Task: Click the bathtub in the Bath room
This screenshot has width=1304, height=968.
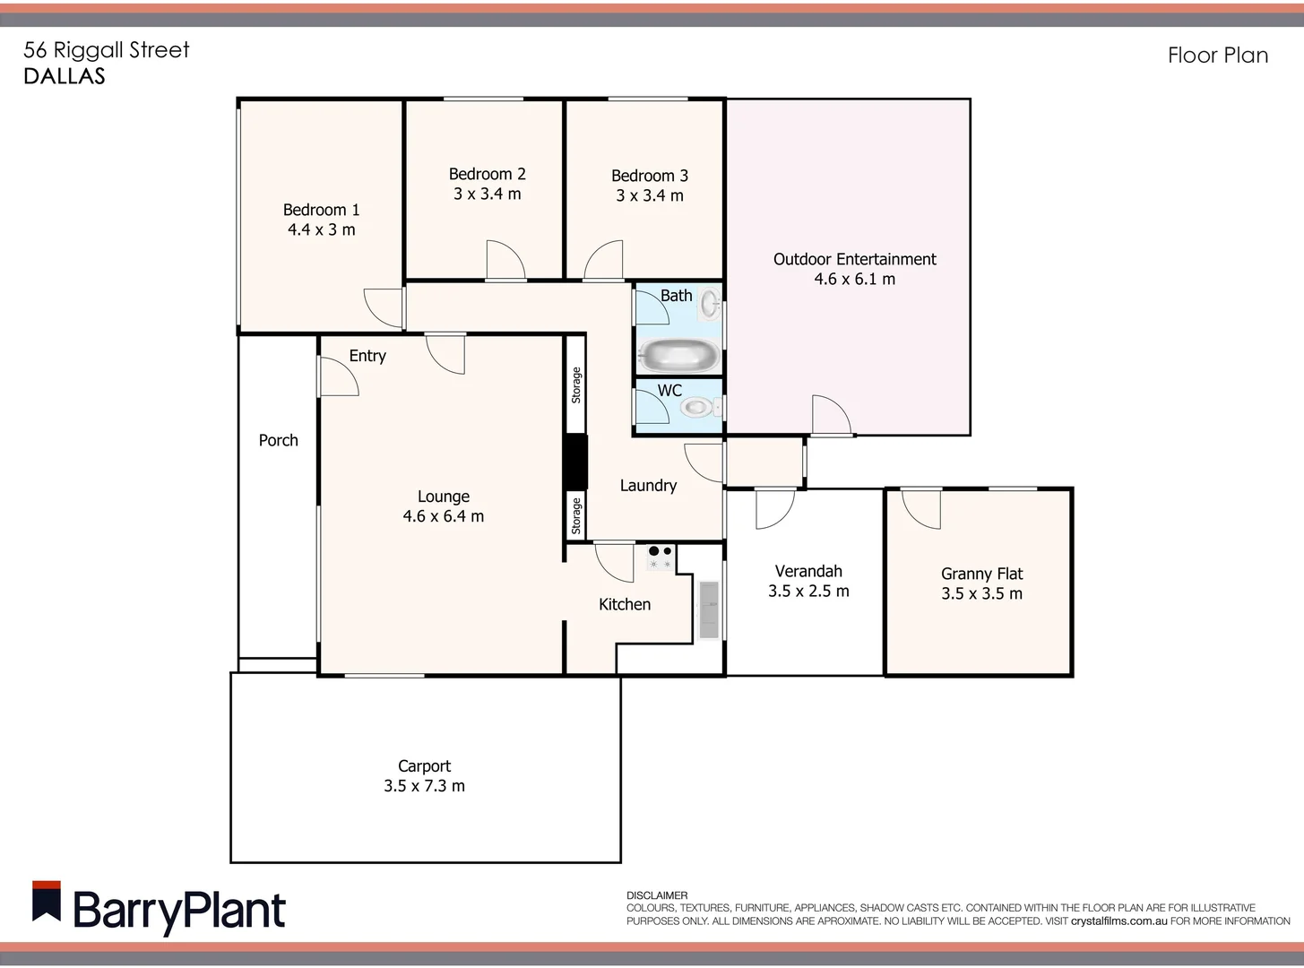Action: (x=679, y=355)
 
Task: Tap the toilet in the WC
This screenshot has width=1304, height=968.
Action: (x=697, y=408)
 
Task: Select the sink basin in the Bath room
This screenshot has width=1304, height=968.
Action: (x=710, y=303)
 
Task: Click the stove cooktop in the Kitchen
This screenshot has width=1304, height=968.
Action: (x=661, y=557)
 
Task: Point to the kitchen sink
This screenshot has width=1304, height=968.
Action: (x=709, y=610)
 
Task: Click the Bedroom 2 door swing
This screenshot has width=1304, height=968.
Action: (x=505, y=261)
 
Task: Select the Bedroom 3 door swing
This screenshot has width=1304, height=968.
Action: (x=604, y=261)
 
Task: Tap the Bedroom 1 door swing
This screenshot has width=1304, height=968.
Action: (x=384, y=307)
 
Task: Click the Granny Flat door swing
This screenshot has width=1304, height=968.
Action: (x=921, y=508)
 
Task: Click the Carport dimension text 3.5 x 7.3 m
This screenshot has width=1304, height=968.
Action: (x=424, y=786)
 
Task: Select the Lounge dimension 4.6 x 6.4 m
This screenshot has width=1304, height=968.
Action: (x=443, y=516)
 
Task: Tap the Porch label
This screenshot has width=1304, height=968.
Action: (x=278, y=440)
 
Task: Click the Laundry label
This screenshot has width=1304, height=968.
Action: (x=648, y=486)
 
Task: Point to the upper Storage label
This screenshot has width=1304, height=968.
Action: (x=576, y=385)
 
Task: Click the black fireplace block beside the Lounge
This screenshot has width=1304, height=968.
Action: (x=574, y=462)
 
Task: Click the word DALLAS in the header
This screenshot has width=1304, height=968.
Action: (x=65, y=76)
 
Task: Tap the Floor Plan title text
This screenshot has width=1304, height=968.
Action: (x=1217, y=56)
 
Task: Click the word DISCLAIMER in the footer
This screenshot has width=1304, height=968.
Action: (x=657, y=895)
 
